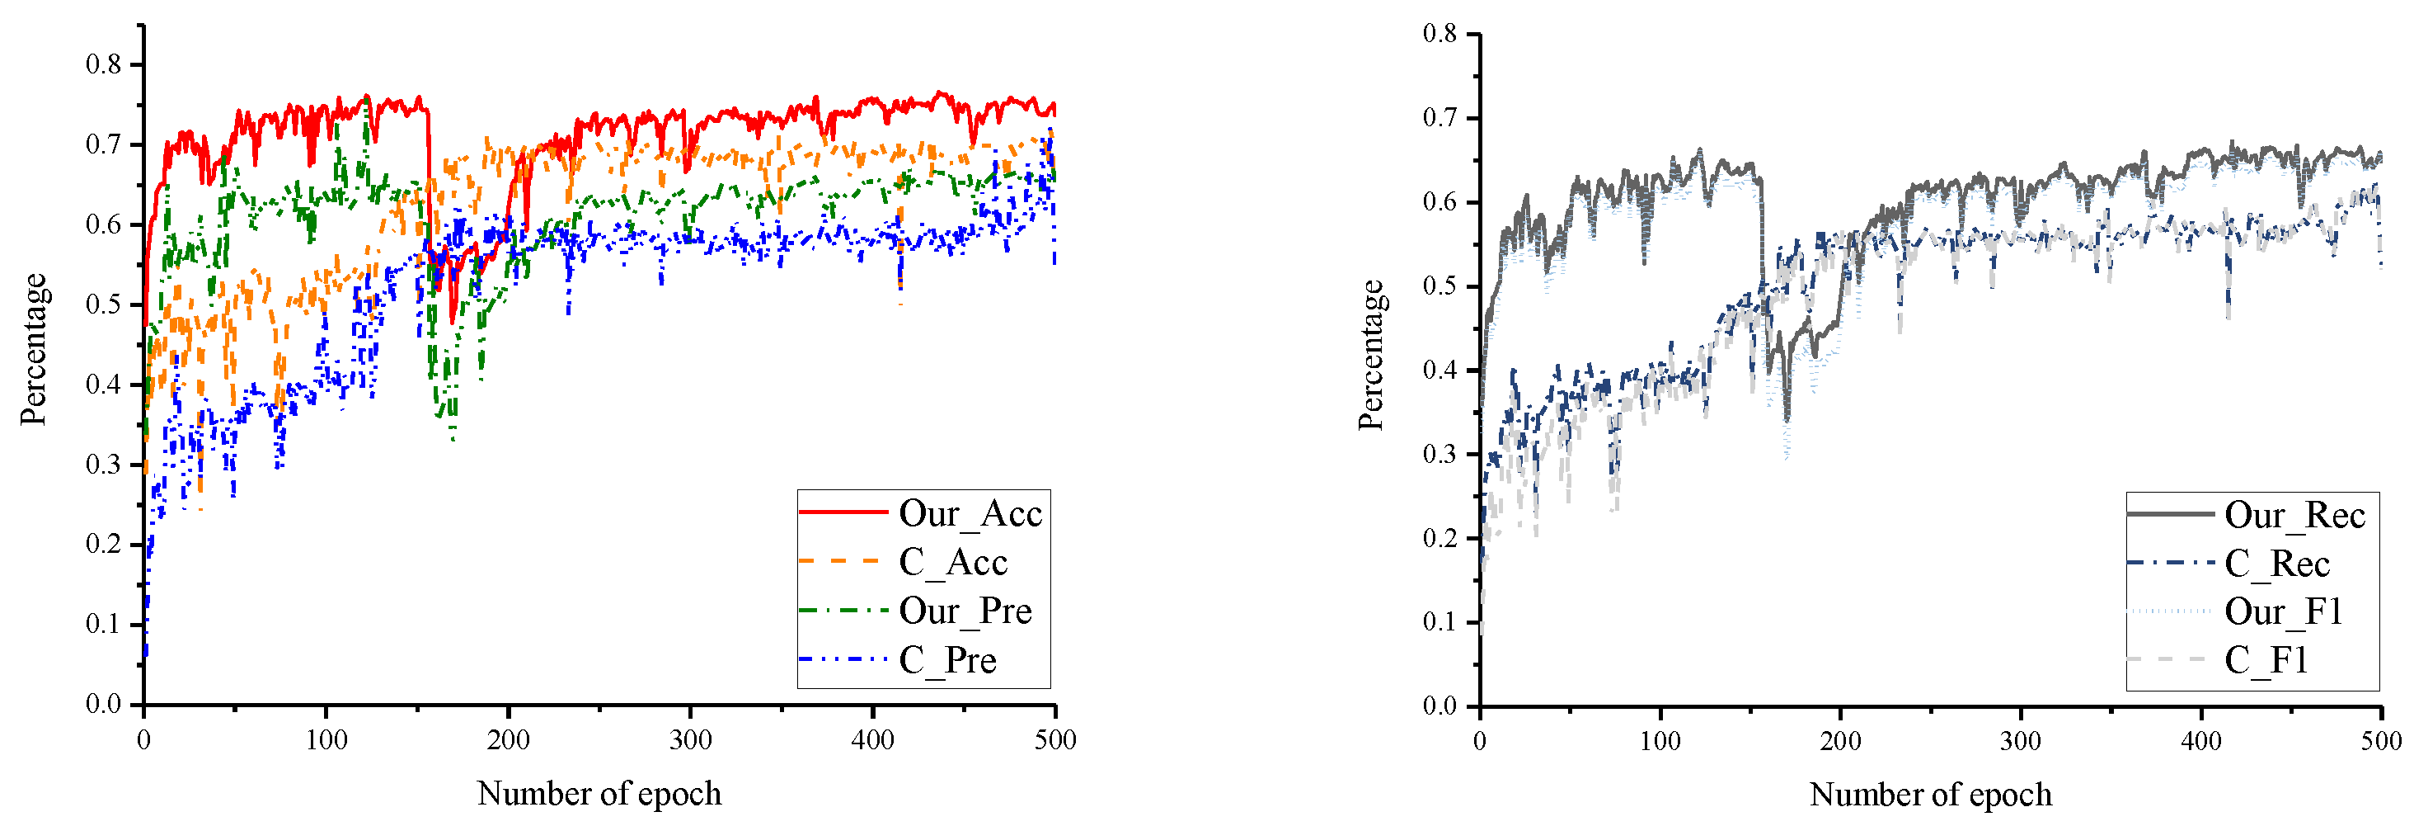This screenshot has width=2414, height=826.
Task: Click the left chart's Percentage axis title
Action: pyautogui.click(x=34, y=349)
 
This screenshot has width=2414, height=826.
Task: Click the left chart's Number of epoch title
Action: pyautogui.click(x=599, y=793)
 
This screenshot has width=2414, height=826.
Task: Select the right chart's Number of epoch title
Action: pyautogui.click(x=1930, y=794)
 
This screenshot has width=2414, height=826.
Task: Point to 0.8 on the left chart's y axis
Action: pyautogui.click(x=103, y=64)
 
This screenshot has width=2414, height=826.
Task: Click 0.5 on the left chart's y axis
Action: pyautogui.click(x=103, y=304)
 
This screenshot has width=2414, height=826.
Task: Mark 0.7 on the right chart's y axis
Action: pyautogui.click(x=1439, y=118)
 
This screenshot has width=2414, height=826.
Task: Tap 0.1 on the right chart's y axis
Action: pyautogui.click(x=1439, y=621)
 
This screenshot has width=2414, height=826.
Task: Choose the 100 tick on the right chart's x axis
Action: pyautogui.click(x=1660, y=742)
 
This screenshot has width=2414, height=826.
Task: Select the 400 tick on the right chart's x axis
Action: pyautogui.click(x=2201, y=742)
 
